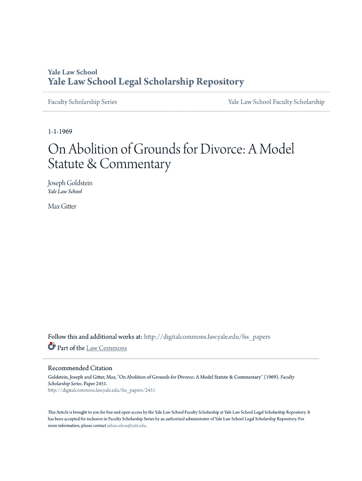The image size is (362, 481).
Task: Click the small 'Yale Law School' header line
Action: (x=72, y=72)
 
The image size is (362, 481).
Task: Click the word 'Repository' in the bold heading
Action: (x=221, y=82)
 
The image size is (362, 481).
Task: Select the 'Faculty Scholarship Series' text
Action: (x=82, y=102)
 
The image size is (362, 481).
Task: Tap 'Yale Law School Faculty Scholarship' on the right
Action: (x=276, y=102)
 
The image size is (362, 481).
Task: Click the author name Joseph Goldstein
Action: (x=70, y=183)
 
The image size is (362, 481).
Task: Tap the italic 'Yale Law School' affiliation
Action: (x=65, y=192)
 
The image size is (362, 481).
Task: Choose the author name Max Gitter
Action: (x=62, y=206)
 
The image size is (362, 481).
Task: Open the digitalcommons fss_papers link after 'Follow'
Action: (x=207, y=337)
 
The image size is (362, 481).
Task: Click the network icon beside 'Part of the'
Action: (x=52, y=347)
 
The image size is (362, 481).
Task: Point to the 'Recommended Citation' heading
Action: (x=80, y=368)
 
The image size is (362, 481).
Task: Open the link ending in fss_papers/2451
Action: (x=102, y=390)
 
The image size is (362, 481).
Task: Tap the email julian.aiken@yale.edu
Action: (x=126, y=425)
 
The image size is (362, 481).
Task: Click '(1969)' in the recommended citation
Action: (x=270, y=377)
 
